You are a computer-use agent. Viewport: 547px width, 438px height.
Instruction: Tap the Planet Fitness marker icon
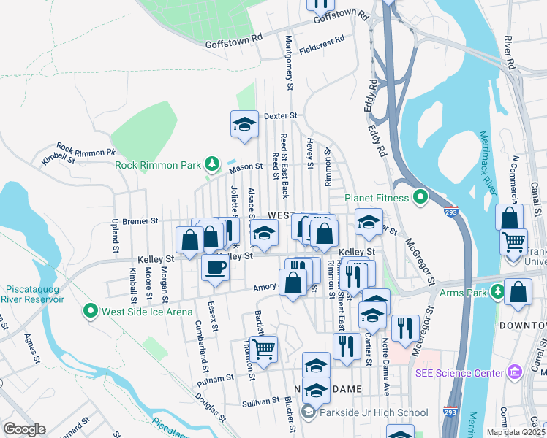click(420, 197)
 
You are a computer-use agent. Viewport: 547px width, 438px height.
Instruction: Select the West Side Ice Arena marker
click(91, 312)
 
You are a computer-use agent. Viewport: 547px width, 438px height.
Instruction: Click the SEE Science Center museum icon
click(514, 373)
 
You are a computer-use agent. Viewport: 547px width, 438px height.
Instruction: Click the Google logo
click(24, 429)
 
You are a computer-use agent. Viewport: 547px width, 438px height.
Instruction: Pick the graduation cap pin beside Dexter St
click(245, 125)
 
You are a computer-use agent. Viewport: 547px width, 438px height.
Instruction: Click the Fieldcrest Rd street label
click(322, 45)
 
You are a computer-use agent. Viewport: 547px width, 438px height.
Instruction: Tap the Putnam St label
click(217, 379)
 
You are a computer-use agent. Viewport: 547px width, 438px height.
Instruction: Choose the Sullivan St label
click(260, 401)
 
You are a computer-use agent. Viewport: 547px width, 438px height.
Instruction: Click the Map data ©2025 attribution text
click(516, 432)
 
